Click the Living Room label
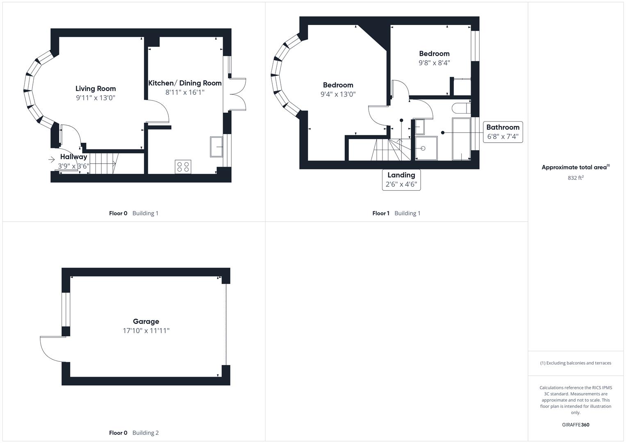96,89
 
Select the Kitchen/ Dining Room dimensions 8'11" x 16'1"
184,93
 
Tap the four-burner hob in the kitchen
183,167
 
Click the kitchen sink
216,146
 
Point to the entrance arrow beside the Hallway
52,160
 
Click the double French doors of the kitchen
238,94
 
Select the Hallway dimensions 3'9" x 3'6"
73,166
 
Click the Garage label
146,322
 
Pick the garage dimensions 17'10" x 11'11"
146,331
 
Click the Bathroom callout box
503,132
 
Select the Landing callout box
401,180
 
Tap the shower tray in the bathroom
426,148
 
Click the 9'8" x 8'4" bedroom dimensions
434,63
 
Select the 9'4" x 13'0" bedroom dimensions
338,94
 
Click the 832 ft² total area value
575,178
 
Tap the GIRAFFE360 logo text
575,425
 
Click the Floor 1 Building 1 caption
396,213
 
